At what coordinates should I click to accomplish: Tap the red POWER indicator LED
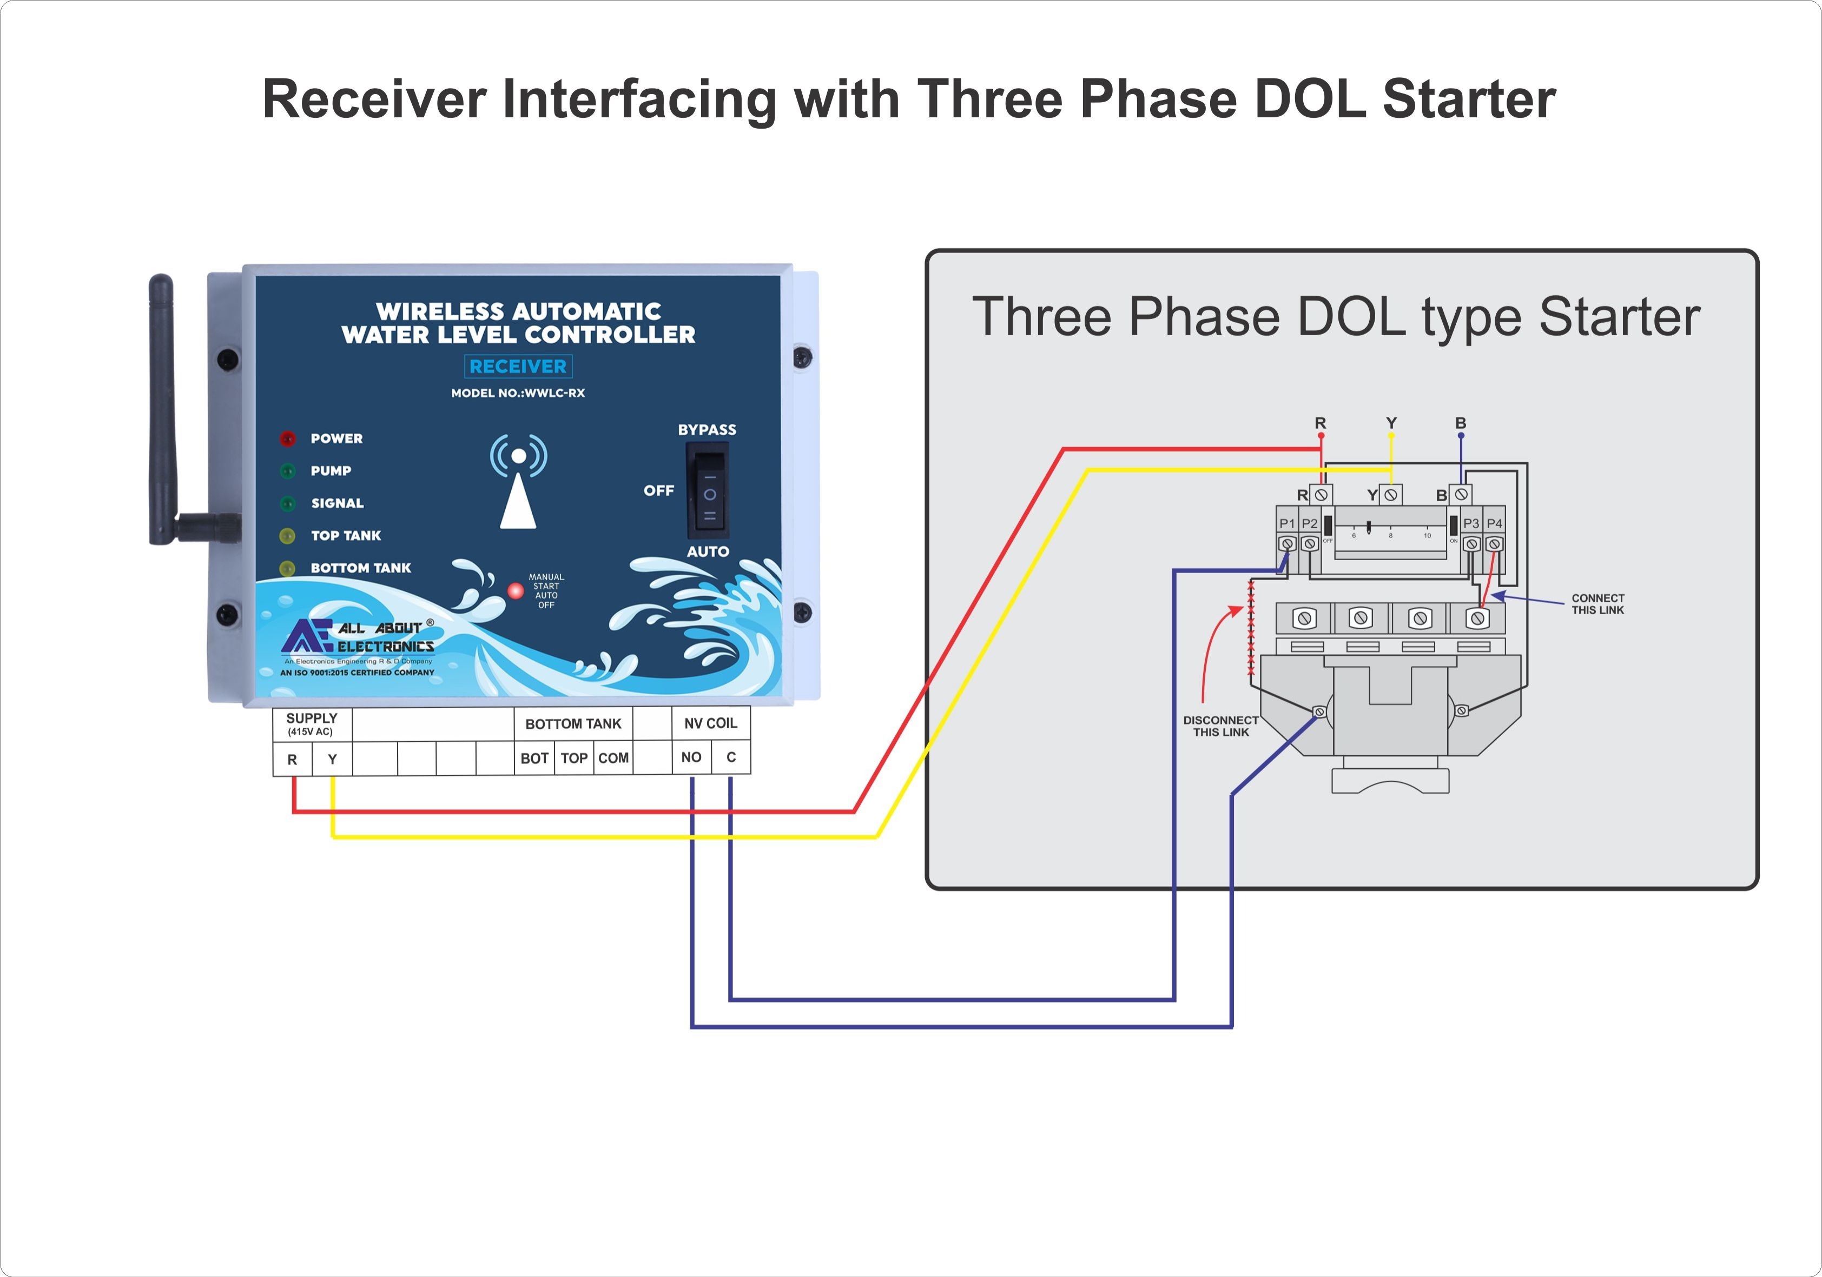tap(287, 438)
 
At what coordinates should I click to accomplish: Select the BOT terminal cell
tap(534, 759)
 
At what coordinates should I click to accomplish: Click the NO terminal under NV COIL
tap(691, 757)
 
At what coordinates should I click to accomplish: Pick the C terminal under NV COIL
tap(731, 757)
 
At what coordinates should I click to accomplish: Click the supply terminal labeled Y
tap(333, 759)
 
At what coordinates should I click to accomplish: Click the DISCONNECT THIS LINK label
tap(1220, 726)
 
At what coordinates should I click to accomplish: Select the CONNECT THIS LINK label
tap(1597, 604)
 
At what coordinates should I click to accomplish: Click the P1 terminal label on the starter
tap(1286, 523)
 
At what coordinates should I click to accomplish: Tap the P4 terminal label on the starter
tap(1494, 523)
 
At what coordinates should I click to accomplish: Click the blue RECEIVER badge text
tap(518, 367)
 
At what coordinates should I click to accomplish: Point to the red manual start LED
tap(516, 591)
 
